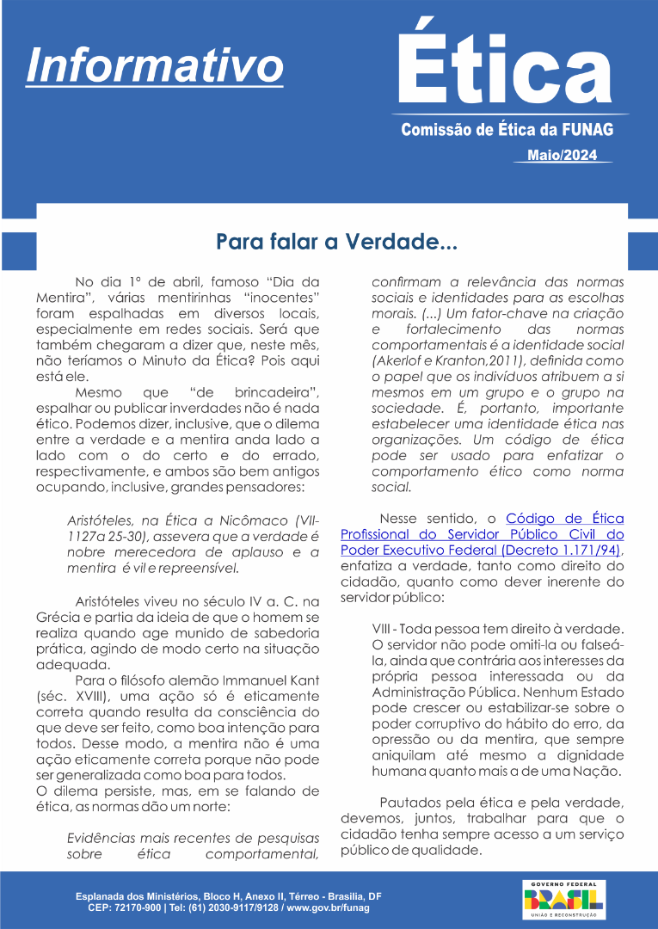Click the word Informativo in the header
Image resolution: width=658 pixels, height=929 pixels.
155,64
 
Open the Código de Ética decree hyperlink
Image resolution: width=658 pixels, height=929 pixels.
482,534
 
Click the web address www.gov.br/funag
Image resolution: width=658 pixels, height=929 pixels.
328,908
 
